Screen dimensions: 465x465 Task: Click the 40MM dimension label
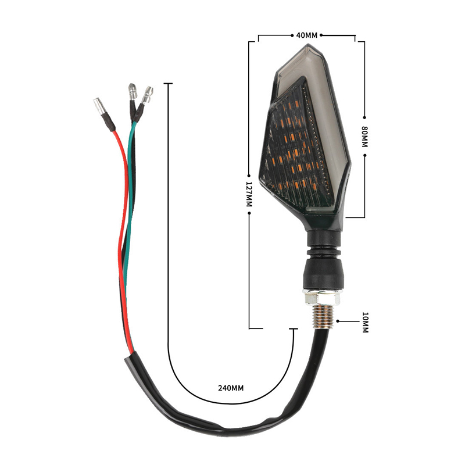307,35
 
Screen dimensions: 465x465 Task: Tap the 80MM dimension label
365,137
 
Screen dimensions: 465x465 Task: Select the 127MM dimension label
249,194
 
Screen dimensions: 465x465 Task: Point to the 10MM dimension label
366,322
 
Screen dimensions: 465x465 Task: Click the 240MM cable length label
231,388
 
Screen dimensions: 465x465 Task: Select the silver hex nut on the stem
321,298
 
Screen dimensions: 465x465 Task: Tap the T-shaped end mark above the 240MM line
168,84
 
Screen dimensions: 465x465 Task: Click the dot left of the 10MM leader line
338,321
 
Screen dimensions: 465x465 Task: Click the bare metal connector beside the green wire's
132,92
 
